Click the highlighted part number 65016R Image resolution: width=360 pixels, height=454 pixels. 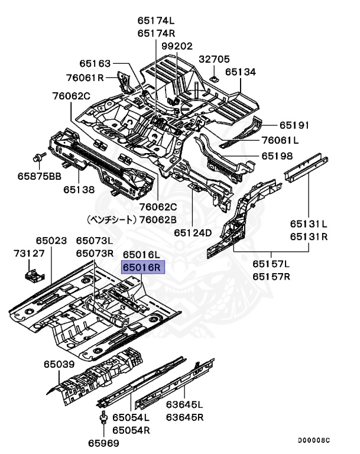click(x=142, y=267)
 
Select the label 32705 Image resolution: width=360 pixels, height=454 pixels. click(x=214, y=59)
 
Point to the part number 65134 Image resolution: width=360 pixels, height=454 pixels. click(x=240, y=72)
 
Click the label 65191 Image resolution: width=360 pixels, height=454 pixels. click(x=294, y=125)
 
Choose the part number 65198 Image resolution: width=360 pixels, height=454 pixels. click(x=277, y=157)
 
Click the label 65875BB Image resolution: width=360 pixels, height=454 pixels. click(x=39, y=176)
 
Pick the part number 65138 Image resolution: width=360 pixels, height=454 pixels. click(x=79, y=190)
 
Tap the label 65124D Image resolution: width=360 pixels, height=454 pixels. click(x=193, y=232)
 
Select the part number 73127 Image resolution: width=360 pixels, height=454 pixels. click(x=29, y=254)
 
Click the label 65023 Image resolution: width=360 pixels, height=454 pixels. click(x=51, y=241)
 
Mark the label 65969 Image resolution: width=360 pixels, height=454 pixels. click(x=104, y=443)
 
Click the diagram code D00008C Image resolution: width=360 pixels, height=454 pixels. click(x=313, y=440)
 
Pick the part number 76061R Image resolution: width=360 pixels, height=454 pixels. click(x=85, y=77)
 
